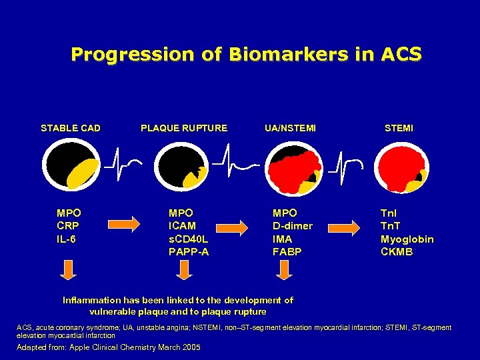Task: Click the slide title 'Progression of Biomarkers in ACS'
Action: click(246, 54)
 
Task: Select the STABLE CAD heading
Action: click(71, 128)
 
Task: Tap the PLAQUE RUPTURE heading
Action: click(184, 128)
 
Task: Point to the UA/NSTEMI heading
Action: click(290, 128)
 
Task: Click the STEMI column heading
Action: click(399, 128)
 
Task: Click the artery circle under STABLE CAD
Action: click(71, 167)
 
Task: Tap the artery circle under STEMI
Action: click(401, 167)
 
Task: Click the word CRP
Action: click(68, 226)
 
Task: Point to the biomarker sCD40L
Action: click(189, 239)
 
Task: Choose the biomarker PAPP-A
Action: click(189, 251)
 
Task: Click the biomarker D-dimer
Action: click(292, 226)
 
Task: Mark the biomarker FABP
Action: click(287, 251)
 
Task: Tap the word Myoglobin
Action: click(407, 239)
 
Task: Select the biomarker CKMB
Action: click(397, 251)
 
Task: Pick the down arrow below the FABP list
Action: click(285, 269)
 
